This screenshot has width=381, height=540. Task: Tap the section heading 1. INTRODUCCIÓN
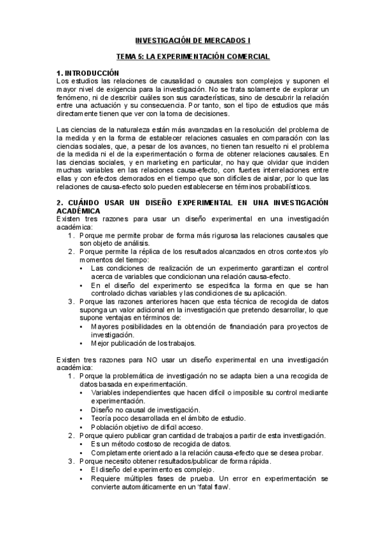click(88, 73)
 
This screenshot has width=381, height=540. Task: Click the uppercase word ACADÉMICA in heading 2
click(78, 211)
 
